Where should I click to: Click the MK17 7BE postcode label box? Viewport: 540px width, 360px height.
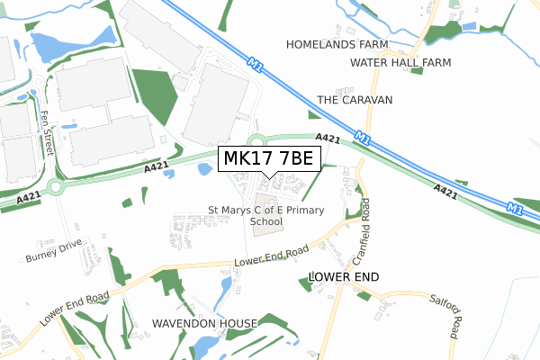pyautogui.click(x=267, y=159)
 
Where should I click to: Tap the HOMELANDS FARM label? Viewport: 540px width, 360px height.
pyautogui.click(x=337, y=44)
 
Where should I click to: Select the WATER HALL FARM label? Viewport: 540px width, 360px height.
pyautogui.click(x=400, y=63)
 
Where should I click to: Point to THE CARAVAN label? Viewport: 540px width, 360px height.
pyautogui.click(x=355, y=100)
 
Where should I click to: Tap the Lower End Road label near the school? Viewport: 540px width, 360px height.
pyautogui.click(x=271, y=256)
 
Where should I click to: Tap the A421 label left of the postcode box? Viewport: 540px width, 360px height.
pyautogui.click(x=156, y=168)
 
